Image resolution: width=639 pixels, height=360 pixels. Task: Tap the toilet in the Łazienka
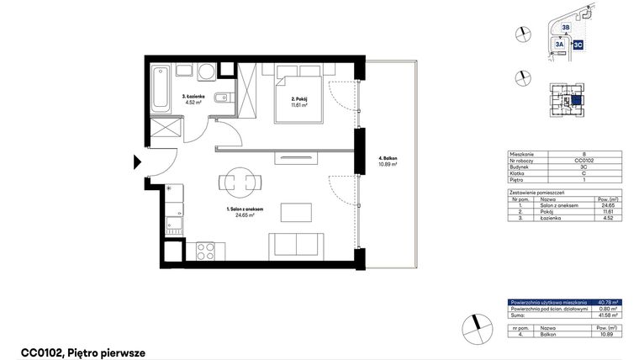click(x=219, y=99)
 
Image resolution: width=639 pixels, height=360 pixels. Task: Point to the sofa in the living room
click(x=295, y=246)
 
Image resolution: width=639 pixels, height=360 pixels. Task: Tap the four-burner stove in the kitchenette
click(x=205, y=249)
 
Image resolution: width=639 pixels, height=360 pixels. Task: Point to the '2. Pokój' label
click(x=299, y=99)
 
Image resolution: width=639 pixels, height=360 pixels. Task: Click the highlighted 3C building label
click(x=578, y=45)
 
